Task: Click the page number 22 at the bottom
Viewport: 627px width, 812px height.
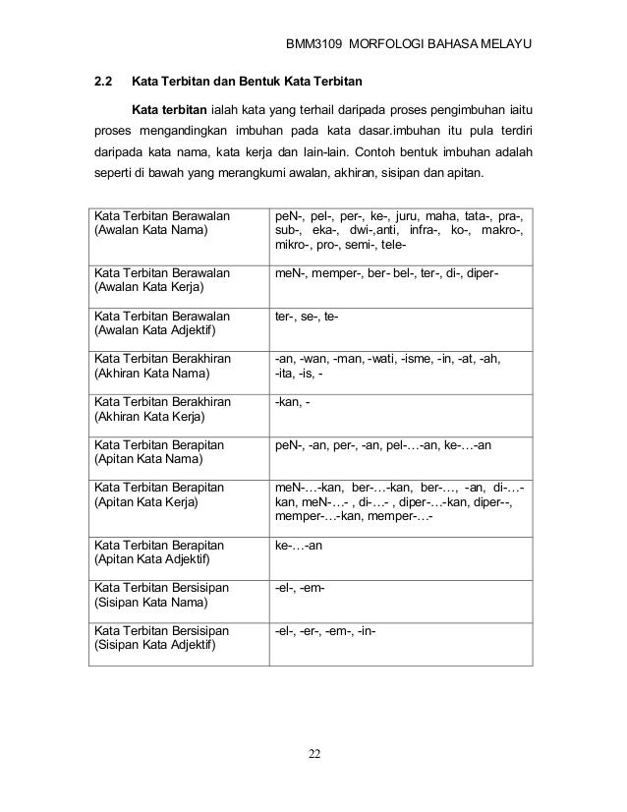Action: click(x=314, y=754)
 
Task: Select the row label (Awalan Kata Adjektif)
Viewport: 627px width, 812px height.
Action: click(x=156, y=331)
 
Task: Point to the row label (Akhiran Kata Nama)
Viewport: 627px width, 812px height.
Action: click(x=150, y=375)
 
